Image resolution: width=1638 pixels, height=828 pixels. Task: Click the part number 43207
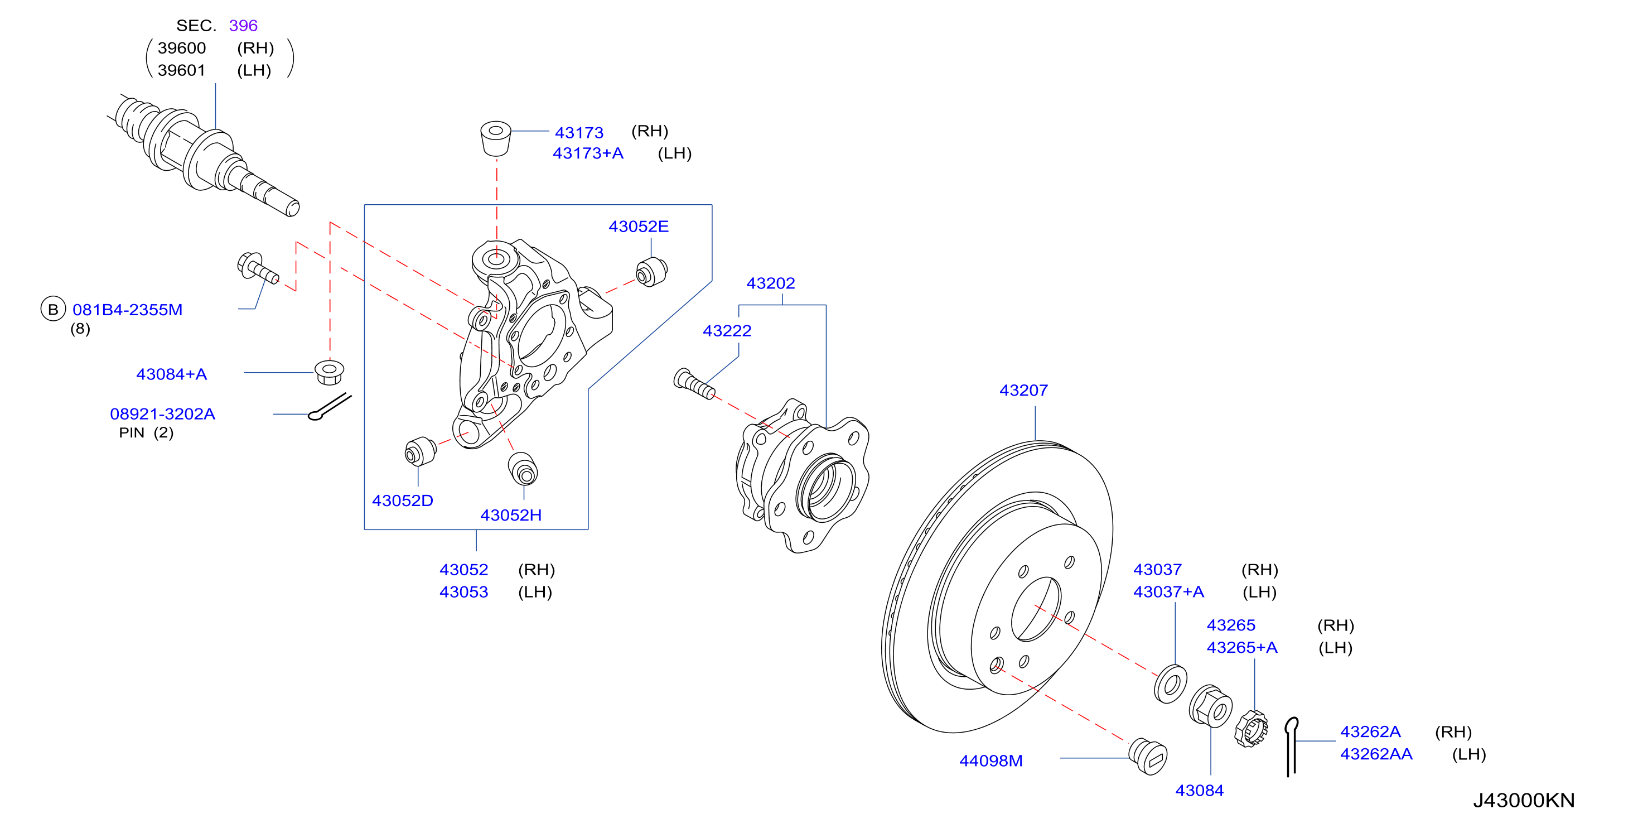(1023, 390)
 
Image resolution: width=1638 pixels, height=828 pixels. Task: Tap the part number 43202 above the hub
(770, 283)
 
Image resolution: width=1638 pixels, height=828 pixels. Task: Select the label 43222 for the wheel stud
(727, 331)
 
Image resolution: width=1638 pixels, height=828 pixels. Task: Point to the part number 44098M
(990, 760)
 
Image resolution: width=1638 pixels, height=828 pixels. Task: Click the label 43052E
(639, 227)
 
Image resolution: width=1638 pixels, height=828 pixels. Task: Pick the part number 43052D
(403, 500)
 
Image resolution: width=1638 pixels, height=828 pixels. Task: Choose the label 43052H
(511, 515)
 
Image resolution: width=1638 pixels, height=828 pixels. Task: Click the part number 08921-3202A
(163, 414)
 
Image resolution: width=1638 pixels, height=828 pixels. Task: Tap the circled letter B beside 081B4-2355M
(54, 309)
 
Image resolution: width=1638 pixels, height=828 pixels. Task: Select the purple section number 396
(243, 26)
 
